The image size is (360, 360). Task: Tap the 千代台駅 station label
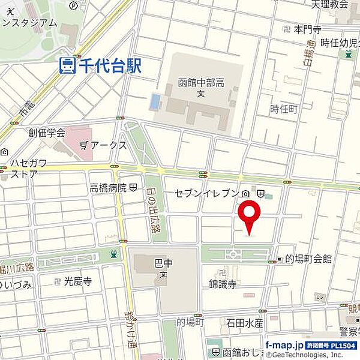[x=109, y=65]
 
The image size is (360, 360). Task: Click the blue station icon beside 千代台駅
[x=67, y=65]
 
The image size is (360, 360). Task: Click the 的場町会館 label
[x=310, y=259]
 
